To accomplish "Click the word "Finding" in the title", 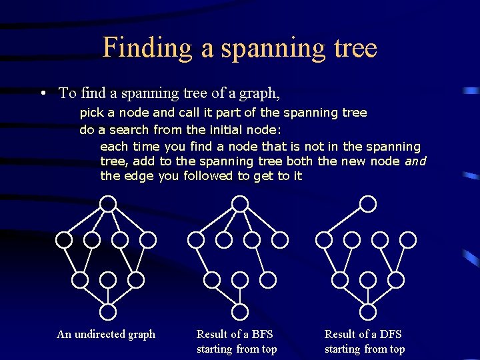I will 137,48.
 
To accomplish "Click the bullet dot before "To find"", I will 42,93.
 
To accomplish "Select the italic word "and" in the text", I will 415,161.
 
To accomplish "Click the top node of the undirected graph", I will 108,203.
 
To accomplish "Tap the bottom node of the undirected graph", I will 108,311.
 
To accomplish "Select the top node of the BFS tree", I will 240,203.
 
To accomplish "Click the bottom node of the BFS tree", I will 240,311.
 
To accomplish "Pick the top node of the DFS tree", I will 368,203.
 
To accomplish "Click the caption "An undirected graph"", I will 106,334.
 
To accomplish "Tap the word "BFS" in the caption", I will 260,334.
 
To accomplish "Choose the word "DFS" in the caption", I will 389,334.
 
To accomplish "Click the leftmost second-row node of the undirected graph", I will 64,239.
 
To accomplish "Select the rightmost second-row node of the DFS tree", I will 408,239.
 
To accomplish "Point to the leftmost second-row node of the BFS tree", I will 196,239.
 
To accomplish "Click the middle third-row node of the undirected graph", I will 108,279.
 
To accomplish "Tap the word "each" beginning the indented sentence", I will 114,146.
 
